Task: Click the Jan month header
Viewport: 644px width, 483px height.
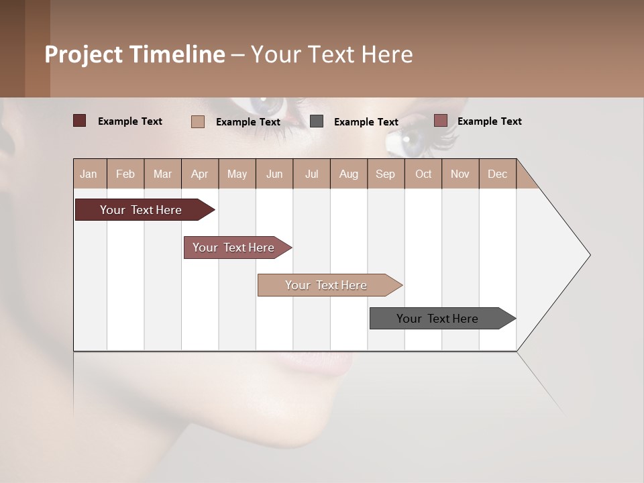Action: pos(89,174)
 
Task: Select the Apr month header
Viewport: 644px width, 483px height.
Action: pos(200,174)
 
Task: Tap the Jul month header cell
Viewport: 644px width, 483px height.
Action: pos(311,174)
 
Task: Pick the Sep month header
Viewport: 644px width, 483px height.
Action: pos(386,174)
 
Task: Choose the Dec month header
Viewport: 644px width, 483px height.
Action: pos(497,174)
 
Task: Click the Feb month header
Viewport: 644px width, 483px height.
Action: pos(125,174)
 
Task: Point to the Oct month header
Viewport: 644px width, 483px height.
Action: pos(423,174)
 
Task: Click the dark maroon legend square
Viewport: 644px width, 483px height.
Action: pos(79,121)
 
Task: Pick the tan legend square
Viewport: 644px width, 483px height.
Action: pos(197,121)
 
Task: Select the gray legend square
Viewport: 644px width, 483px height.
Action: pos(317,121)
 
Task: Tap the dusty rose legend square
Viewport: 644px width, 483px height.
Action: pos(440,121)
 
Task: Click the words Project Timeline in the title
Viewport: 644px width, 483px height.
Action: pos(134,54)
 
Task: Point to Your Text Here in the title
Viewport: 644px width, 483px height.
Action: pos(331,54)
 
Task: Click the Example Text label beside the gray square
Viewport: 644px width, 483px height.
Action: pos(366,122)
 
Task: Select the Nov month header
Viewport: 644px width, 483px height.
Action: pos(460,174)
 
